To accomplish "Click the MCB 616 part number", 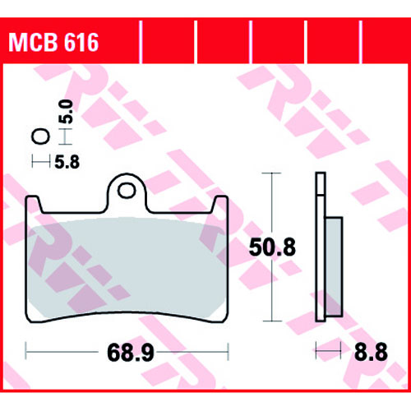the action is coord(53,42).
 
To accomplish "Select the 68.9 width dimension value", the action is coord(131,353).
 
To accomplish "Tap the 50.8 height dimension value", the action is coord(272,247).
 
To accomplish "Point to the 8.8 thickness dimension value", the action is coord(371,352).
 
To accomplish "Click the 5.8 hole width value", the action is coord(67,162).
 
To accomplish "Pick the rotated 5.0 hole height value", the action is coord(66,112).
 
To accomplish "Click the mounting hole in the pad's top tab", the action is coord(127,191).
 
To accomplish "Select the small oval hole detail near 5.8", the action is coord(40,136).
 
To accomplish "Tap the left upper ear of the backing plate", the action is coord(34,204).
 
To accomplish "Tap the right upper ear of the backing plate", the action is coord(220,204).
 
